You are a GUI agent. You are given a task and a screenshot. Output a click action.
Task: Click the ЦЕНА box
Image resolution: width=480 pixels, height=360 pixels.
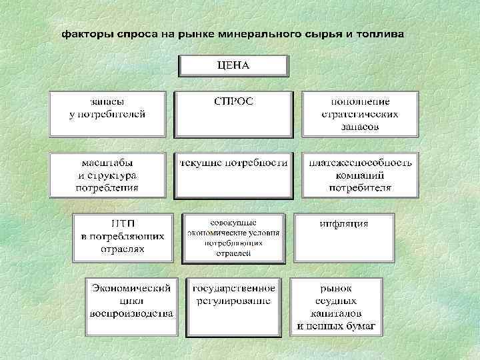(x=233, y=66)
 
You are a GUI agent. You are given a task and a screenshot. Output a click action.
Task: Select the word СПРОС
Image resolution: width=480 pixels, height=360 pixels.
(x=233, y=101)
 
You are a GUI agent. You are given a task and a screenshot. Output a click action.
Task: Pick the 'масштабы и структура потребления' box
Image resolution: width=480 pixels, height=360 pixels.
(x=107, y=175)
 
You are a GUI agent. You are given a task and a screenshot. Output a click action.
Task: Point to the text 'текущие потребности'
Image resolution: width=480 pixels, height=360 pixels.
(x=233, y=163)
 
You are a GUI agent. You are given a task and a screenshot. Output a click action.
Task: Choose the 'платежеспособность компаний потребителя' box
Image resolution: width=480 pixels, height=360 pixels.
(x=360, y=175)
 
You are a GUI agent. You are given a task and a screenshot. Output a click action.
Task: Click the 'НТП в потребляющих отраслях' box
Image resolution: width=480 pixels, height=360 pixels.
(x=122, y=237)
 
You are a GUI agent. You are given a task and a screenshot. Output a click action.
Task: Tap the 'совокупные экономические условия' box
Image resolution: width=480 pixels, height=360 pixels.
(x=233, y=237)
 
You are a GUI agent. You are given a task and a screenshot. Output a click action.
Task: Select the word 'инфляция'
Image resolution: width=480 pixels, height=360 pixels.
(x=344, y=223)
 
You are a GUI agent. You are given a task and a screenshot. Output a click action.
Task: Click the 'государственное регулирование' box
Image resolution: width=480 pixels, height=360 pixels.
(x=233, y=295)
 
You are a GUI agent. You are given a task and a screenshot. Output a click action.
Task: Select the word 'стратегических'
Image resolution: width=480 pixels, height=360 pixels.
(x=360, y=114)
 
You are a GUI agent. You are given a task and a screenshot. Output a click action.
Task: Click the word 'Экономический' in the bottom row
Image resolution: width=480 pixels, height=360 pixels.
(x=132, y=288)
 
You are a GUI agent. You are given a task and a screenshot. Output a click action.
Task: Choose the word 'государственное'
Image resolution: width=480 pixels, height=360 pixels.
(x=233, y=288)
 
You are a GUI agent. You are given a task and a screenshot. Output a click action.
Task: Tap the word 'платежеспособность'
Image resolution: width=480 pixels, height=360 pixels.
(x=360, y=163)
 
